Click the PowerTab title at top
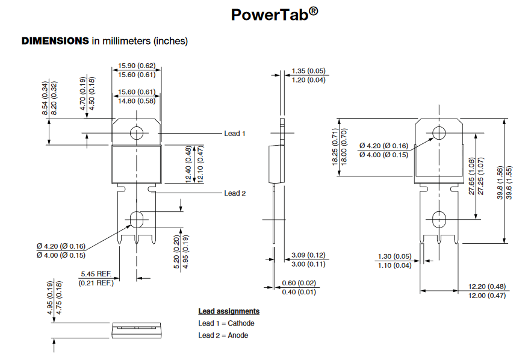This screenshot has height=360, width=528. click(x=274, y=15)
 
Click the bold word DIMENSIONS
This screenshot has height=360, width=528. click(x=55, y=42)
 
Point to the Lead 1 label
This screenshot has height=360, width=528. click(x=235, y=134)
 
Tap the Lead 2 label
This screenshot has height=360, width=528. click(x=235, y=193)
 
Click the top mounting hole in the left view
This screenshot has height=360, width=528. click(x=137, y=132)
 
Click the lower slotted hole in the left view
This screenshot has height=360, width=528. click(x=137, y=219)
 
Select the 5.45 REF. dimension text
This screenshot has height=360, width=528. click(x=96, y=274)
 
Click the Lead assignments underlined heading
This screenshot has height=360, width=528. click(x=229, y=311)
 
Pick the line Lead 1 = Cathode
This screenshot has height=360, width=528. click(x=226, y=323)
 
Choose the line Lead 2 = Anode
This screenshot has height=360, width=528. click(x=223, y=335)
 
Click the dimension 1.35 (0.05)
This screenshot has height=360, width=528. click(x=308, y=71)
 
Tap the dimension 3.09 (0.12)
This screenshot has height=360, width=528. click(x=308, y=255)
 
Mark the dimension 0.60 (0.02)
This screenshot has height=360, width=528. click(x=299, y=283)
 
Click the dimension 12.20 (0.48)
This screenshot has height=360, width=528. click(x=487, y=286)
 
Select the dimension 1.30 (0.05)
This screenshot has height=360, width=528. click(x=394, y=256)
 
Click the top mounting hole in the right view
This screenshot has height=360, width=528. click(x=439, y=132)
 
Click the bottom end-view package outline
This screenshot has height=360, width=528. click(x=137, y=329)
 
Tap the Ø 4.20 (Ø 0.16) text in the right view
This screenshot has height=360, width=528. click(x=384, y=146)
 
